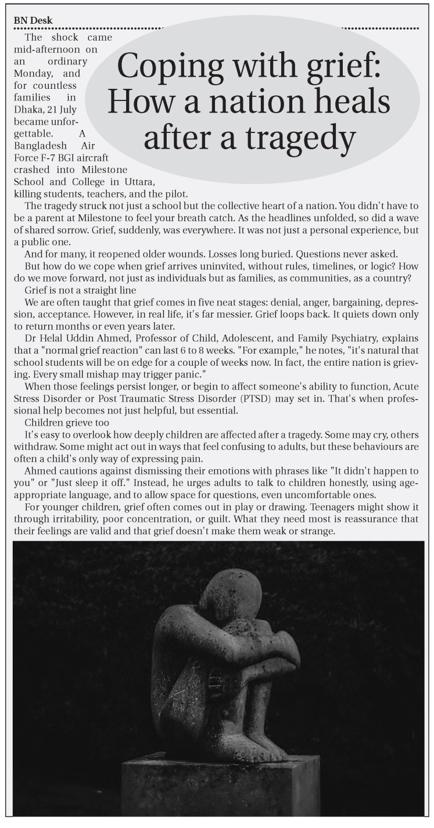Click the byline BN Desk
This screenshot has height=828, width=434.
(x=33, y=20)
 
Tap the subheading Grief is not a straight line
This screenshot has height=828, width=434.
(x=80, y=290)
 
